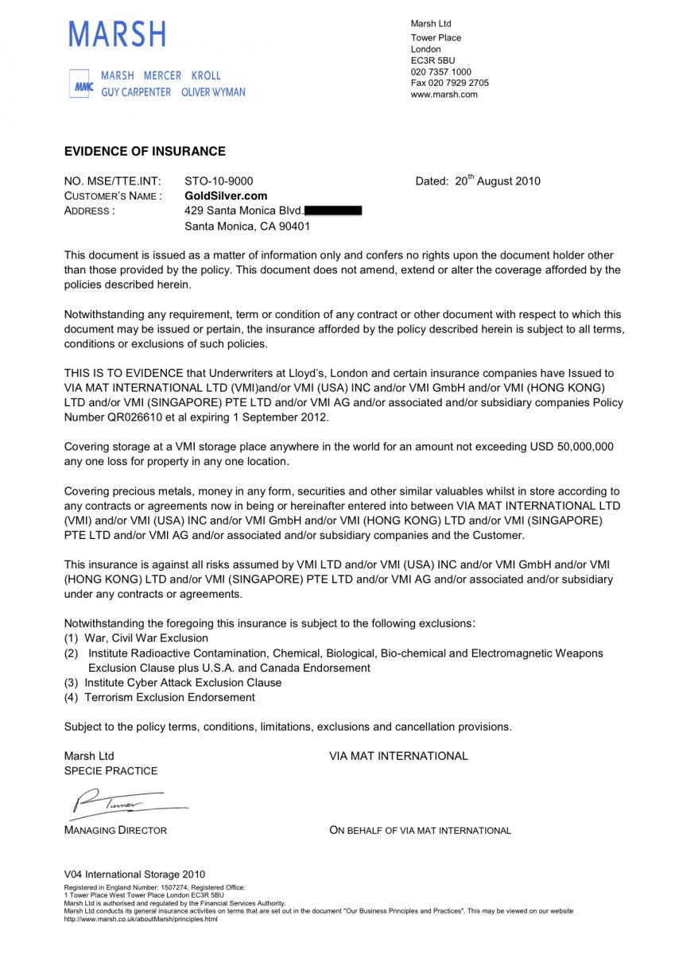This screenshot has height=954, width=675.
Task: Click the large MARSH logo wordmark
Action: pos(118,34)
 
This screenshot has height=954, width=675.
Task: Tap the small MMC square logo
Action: pos(81,84)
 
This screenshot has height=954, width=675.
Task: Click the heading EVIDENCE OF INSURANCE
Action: pos(145,152)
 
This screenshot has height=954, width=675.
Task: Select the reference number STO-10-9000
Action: pos(219,181)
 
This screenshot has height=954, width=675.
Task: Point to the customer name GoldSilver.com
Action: pos(226,196)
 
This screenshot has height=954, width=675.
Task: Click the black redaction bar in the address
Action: pos(333,211)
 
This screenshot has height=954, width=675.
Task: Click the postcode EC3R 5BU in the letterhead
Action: pos(433,60)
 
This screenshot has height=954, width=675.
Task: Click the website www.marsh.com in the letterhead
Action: pos(444,95)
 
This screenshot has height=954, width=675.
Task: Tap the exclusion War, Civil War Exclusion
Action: pos(146,638)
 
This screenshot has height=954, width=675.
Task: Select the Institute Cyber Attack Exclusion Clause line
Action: pos(183,683)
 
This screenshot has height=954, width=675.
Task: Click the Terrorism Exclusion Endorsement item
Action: pos(169,697)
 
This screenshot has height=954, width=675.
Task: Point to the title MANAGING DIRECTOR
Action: pos(115,831)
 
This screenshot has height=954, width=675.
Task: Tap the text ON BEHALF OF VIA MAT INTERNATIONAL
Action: pos(420,831)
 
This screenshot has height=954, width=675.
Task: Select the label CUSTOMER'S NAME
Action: pos(113,196)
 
